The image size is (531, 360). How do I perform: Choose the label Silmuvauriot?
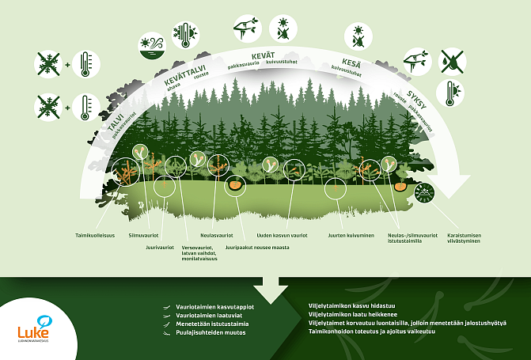(144, 235)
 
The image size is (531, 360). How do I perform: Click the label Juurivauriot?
(160, 247)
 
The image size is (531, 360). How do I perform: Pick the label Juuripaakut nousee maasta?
(257, 247)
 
